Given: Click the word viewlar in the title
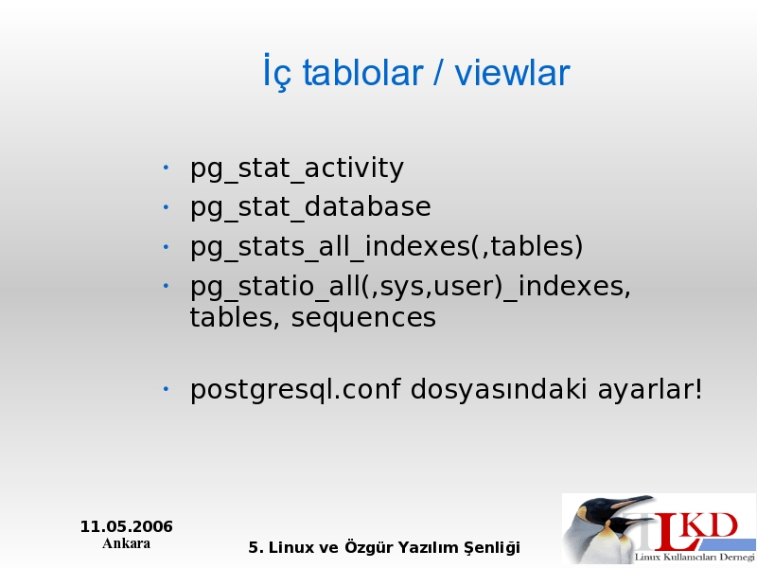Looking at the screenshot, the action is [512, 73].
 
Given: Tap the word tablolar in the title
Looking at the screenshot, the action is [362, 73].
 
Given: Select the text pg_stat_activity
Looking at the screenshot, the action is [296, 169].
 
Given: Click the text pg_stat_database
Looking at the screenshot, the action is [310, 208].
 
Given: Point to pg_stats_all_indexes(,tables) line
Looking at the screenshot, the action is [386, 247].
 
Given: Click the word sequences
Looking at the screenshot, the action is [363, 318].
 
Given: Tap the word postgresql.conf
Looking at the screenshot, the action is [295, 390].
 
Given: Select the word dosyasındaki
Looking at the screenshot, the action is [499, 389].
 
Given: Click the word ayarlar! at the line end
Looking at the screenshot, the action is [650, 390].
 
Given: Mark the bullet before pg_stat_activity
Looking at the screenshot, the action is [166, 168].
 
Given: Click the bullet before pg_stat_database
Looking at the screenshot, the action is [166, 207].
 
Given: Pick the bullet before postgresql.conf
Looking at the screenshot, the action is [166, 388].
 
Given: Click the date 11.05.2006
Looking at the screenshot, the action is [127, 526].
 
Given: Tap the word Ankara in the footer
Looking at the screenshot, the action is [126, 543].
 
